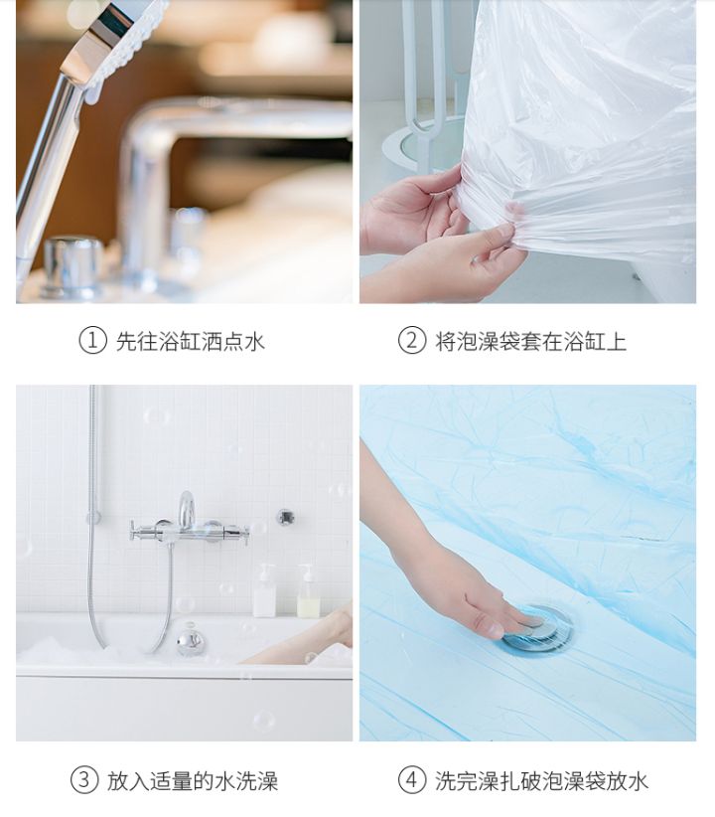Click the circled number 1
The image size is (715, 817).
(92, 341)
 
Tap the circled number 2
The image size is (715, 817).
(412, 341)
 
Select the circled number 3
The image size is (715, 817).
(84, 780)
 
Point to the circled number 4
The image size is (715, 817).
(412, 780)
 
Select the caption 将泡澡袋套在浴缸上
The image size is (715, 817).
(531, 341)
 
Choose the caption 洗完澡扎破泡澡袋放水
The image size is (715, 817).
(541, 780)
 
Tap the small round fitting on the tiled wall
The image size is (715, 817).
(286, 517)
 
